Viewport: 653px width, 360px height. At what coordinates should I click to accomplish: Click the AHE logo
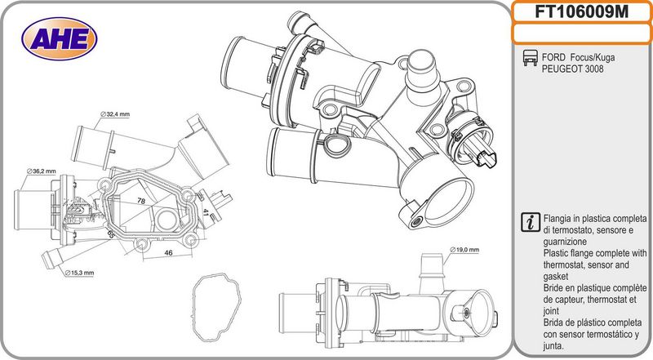(x=59, y=38)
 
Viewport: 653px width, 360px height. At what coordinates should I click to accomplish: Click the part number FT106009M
(x=581, y=11)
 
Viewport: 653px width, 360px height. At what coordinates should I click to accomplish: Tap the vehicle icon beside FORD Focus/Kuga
(x=530, y=58)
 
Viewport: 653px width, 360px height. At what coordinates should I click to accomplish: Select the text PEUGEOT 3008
(x=572, y=69)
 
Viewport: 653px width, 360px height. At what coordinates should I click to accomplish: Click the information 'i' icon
(x=531, y=222)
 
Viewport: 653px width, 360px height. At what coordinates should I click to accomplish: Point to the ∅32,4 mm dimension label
(x=115, y=114)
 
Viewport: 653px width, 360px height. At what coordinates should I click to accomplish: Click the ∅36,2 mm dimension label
(x=42, y=171)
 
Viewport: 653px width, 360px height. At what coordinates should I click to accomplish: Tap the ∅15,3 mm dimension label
(x=79, y=273)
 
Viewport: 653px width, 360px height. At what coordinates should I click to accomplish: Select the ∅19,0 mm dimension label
(x=464, y=250)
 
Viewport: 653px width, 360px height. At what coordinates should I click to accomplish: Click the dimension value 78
(x=141, y=201)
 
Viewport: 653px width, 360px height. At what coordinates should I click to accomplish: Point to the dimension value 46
(x=168, y=252)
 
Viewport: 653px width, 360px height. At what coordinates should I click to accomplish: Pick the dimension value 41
(x=206, y=213)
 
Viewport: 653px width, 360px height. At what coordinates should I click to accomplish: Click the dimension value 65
(x=111, y=233)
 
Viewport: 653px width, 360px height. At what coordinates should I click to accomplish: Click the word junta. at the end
(x=553, y=346)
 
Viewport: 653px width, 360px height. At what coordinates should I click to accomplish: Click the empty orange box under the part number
(x=582, y=33)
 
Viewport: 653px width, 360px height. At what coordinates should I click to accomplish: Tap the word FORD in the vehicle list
(x=553, y=57)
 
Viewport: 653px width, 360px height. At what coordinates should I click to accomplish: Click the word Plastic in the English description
(x=557, y=253)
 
